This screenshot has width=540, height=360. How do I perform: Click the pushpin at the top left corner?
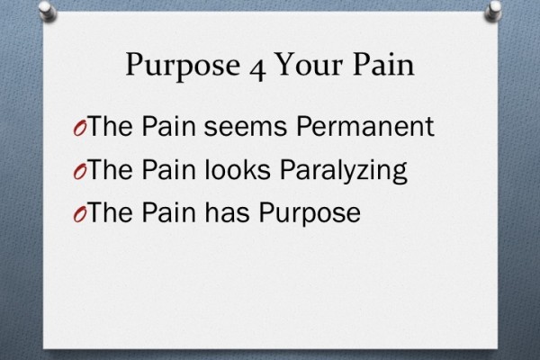[46, 10]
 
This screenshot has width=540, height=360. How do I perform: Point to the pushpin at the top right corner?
[494, 10]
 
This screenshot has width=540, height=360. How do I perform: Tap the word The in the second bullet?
[112, 170]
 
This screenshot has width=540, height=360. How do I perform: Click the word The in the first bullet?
[112, 128]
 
